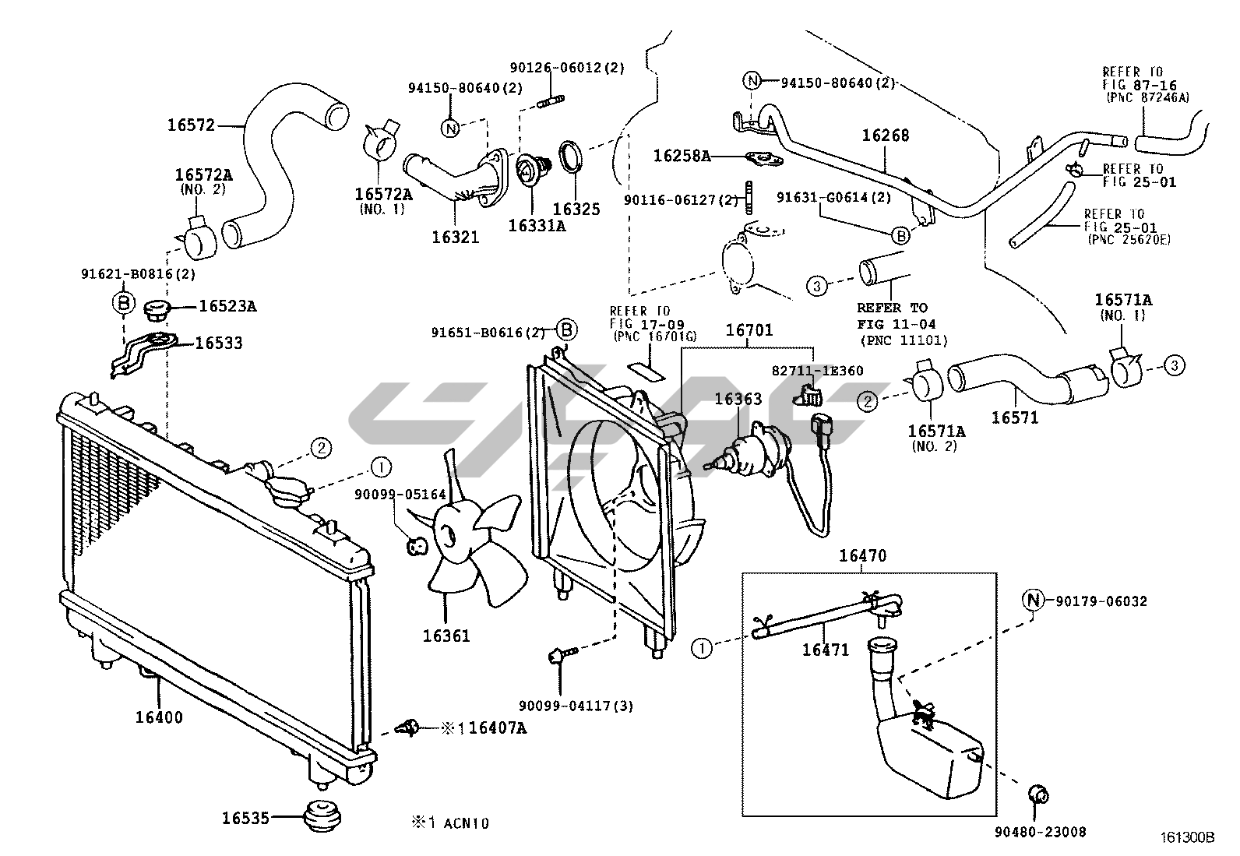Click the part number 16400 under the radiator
tap(159, 717)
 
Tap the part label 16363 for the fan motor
tap(738, 400)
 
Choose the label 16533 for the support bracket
tap(218, 343)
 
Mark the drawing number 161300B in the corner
tap(1186, 839)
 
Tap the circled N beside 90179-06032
tap(1032, 601)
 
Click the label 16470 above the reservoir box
tap(862, 556)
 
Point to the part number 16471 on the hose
tap(826, 650)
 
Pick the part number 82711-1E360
tap(818, 371)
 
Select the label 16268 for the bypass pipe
tap(885, 136)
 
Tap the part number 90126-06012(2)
tap(567, 68)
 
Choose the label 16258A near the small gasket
tap(682, 156)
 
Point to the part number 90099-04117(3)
tap(576, 706)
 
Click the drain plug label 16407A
tap(498, 728)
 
